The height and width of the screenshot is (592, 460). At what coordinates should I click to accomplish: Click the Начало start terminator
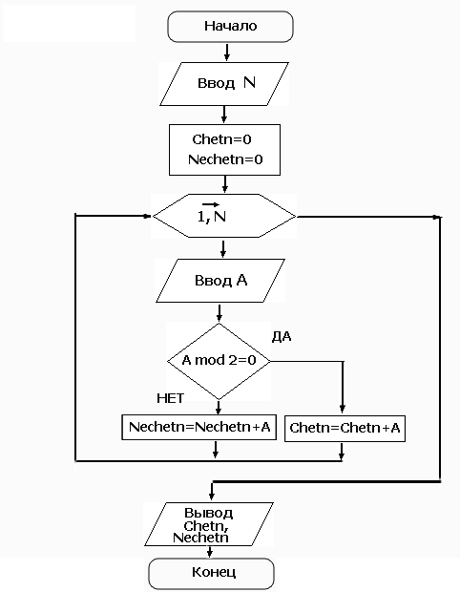[x=230, y=27]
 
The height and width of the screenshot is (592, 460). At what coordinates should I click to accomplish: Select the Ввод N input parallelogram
[x=224, y=84]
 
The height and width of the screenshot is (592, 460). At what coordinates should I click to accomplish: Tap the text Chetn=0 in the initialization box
[x=221, y=139]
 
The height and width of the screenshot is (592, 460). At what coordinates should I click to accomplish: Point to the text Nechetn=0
[x=225, y=159]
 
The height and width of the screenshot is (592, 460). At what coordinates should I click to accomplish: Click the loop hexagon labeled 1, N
[x=224, y=216]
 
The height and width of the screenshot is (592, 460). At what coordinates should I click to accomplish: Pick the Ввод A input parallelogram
[x=220, y=281]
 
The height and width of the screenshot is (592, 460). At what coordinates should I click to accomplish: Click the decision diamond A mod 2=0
[x=219, y=361]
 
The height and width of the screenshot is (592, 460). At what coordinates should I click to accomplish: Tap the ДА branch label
[x=282, y=336]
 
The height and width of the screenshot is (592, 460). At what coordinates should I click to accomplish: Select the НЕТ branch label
[x=171, y=398]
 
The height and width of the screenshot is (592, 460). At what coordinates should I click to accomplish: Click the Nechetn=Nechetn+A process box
[x=199, y=427]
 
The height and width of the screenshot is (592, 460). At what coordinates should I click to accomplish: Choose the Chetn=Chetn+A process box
[x=345, y=429]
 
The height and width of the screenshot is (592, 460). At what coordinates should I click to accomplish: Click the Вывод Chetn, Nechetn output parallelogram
[x=209, y=524]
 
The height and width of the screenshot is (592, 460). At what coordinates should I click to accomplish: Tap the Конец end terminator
[x=212, y=573]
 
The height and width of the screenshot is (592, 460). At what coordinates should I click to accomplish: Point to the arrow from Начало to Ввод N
[x=227, y=53]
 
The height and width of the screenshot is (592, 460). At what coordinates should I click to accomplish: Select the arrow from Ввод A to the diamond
[x=220, y=313]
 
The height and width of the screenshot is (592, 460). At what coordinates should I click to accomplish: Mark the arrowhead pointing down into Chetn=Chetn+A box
[x=343, y=410]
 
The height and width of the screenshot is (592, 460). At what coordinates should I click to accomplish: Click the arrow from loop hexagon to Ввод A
[x=223, y=249]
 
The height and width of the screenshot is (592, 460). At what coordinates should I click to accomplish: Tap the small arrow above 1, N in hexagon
[x=211, y=204]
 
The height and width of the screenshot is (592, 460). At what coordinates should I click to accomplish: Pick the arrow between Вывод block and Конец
[x=210, y=552]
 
